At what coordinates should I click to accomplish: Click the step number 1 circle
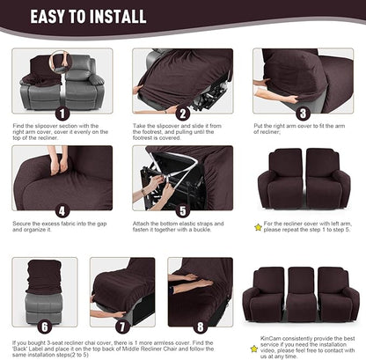(61, 114)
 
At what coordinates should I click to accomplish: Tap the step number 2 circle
(182, 114)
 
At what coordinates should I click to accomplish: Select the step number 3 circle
(302, 114)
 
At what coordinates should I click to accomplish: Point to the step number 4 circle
(61, 211)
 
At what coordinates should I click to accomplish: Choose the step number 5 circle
(182, 211)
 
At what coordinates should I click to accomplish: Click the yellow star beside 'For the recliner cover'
(258, 226)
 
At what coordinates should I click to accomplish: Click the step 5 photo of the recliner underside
(182, 177)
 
